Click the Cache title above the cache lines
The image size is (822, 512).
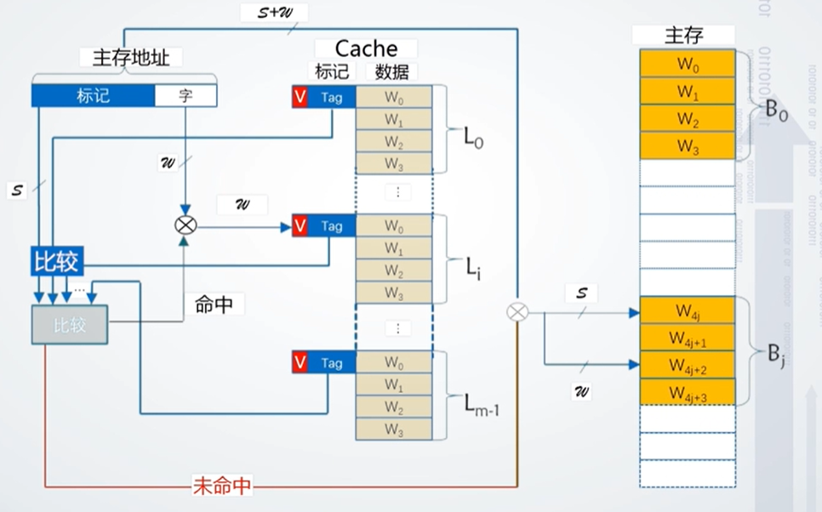click(x=366, y=49)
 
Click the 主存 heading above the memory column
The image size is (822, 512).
click(x=686, y=35)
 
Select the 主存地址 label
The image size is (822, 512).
click(x=131, y=57)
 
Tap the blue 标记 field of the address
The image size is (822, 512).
click(x=93, y=95)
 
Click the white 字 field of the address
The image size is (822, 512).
click(x=185, y=95)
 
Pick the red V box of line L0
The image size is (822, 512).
click(x=300, y=97)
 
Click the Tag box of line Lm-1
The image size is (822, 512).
click(x=332, y=363)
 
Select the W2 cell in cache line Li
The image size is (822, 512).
click(x=393, y=270)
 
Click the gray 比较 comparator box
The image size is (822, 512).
click(x=70, y=323)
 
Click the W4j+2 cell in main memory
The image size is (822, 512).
click(x=687, y=365)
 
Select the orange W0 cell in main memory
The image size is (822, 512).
click(x=687, y=64)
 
